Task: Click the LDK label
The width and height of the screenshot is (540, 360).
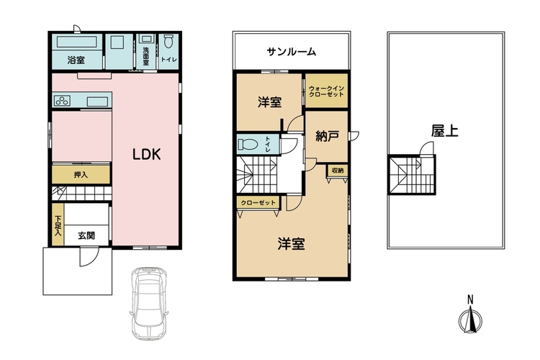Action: click(x=147, y=155)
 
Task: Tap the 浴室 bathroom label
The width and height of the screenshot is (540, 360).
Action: click(x=76, y=60)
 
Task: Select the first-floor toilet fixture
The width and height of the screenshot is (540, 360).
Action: click(x=168, y=41)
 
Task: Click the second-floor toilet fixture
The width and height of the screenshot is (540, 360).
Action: click(x=248, y=144)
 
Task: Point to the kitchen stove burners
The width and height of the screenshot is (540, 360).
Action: click(x=63, y=101)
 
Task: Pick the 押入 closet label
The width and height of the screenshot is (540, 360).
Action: click(x=81, y=175)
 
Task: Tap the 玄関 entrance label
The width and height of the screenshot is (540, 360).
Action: click(x=86, y=235)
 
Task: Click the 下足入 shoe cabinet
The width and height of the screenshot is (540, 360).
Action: click(x=58, y=224)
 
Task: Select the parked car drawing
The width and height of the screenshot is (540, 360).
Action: click(x=149, y=303)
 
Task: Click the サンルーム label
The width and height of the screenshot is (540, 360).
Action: click(x=292, y=52)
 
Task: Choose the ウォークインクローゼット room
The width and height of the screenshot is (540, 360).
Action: click(x=326, y=91)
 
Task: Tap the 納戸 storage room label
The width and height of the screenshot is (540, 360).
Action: click(x=327, y=136)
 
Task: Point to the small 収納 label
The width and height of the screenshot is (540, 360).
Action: click(x=338, y=170)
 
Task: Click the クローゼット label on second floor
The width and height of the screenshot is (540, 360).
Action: click(x=258, y=202)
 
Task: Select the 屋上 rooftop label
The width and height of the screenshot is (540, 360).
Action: click(x=445, y=130)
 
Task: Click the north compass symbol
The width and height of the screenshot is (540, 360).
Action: click(x=470, y=320)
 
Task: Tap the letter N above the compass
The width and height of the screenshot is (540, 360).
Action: click(x=470, y=300)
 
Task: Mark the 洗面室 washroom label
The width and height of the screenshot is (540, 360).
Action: click(x=146, y=56)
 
